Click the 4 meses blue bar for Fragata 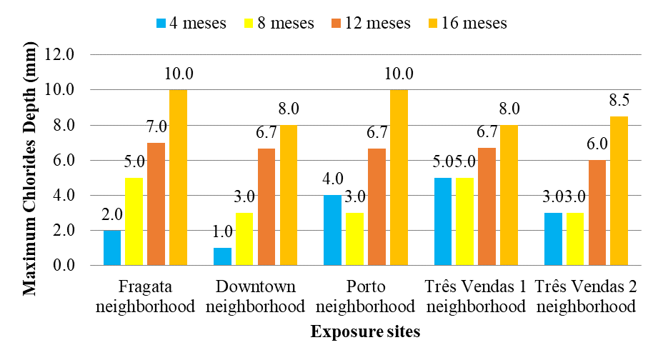[x=113, y=248]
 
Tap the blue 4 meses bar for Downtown [x=223, y=256]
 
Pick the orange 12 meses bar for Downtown [x=266, y=206]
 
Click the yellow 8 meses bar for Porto [x=355, y=239]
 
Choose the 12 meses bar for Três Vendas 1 [x=487, y=206]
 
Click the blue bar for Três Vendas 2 [x=554, y=239]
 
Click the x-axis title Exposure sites [x=365, y=331]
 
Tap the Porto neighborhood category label [x=365, y=297]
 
